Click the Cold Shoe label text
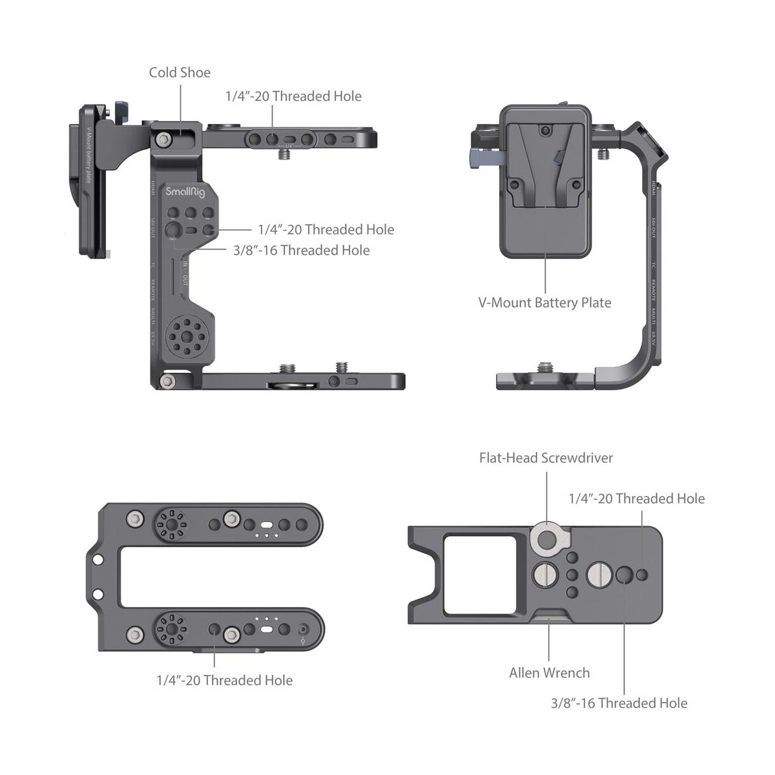(x=180, y=72)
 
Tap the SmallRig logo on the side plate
(x=185, y=192)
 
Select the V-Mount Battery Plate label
(x=544, y=302)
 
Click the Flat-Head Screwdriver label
(x=546, y=458)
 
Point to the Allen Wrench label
(x=549, y=673)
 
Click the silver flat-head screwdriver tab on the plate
(x=550, y=538)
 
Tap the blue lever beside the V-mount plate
(x=486, y=157)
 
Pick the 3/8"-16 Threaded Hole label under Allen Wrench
(x=619, y=703)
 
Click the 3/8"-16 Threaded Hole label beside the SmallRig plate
(x=302, y=251)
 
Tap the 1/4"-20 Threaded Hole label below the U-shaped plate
(x=224, y=680)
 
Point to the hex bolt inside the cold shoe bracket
(x=164, y=139)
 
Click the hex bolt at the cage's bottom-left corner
(x=167, y=382)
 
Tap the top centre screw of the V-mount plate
(x=546, y=131)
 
